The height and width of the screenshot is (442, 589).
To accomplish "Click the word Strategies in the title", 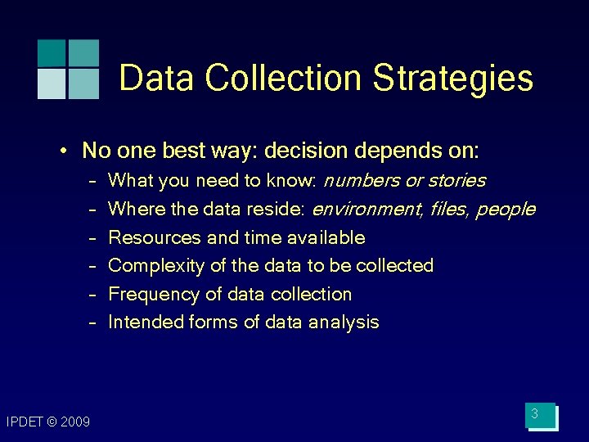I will pyautogui.click(x=452, y=79).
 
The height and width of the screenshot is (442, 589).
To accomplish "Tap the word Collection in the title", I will pyautogui.click(x=283, y=79).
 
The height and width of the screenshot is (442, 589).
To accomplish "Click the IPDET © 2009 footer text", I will pyautogui.click(x=47, y=422).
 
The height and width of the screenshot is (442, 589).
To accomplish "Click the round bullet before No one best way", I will pyautogui.click(x=63, y=151).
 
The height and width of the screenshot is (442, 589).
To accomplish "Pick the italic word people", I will pyautogui.click(x=506, y=210).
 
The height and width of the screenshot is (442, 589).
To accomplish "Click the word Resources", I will pyautogui.click(x=155, y=238).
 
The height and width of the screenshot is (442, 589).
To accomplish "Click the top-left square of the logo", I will pyautogui.click(x=51, y=52).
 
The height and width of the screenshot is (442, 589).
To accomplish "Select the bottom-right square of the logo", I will pyautogui.click(x=83, y=84).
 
